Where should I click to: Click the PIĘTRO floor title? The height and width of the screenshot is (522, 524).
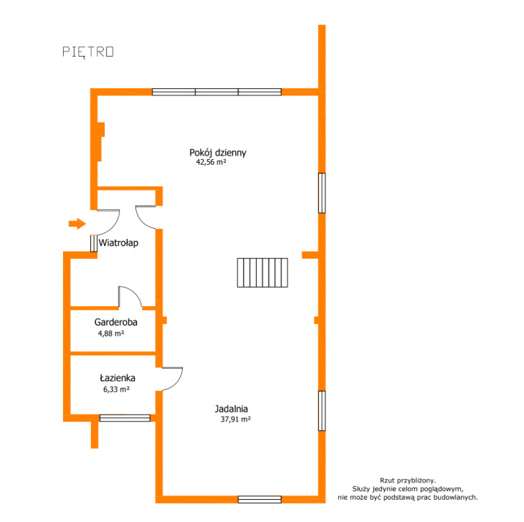pyautogui.click(x=88, y=52)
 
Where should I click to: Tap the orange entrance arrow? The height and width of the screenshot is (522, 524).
pyautogui.click(x=77, y=224)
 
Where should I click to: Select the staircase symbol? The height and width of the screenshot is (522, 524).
pyautogui.click(x=262, y=272)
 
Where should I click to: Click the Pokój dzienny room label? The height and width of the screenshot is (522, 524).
pyautogui.click(x=217, y=153)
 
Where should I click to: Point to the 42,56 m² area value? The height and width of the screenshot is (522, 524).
pyautogui.click(x=211, y=162)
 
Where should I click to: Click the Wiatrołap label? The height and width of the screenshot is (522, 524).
pyautogui.click(x=118, y=242)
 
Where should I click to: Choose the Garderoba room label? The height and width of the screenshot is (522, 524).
pyautogui.click(x=115, y=322)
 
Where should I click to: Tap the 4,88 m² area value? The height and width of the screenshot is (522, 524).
pyautogui.click(x=111, y=333)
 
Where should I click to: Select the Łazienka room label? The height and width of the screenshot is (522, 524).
pyautogui.click(x=118, y=378)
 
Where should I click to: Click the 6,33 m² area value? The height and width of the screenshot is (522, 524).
pyautogui.click(x=116, y=389)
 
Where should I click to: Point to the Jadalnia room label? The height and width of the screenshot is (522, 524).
pyautogui.click(x=232, y=409)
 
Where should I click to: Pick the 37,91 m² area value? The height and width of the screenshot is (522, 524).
pyautogui.click(x=235, y=419)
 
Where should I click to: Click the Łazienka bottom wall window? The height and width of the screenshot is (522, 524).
pyautogui.click(x=125, y=418)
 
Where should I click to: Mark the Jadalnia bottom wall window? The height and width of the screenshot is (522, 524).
pyautogui.click(x=259, y=499)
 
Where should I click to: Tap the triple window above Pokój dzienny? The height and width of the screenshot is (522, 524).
pyautogui.click(x=216, y=92)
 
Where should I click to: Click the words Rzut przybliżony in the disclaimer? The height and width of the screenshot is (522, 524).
pyautogui.click(x=408, y=480)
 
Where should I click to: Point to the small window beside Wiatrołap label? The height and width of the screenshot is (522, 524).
pyautogui.click(x=94, y=243)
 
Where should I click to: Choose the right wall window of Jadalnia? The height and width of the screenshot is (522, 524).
pyautogui.click(x=322, y=411)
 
